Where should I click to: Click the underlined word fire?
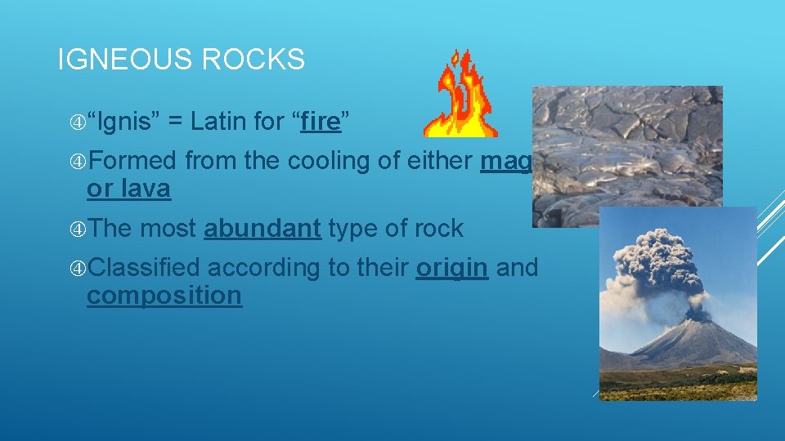click(x=320, y=122)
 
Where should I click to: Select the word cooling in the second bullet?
click(x=329, y=161)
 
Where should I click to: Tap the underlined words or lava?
click(x=128, y=189)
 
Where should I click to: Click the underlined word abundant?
click(x=262, y=229)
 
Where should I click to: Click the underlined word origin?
click(x=451, y=267)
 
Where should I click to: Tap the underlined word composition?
click(x=164, y=295)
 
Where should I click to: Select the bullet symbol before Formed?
click(x=78, y=162)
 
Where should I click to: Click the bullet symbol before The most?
click(x=78, y=229)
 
